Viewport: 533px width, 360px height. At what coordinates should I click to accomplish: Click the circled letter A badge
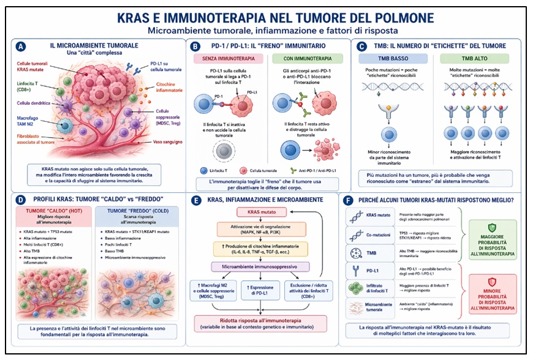pyautogui.click(x=21, y=47)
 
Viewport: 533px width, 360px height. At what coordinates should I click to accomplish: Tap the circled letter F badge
pyautogui.click(x=347, y=201)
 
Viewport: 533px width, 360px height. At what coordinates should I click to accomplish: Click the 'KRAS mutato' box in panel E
pyautogui.click(x=262, y=212)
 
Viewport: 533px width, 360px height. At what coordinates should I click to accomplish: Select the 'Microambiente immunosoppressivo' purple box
pyautogui.click(x=262, y=267)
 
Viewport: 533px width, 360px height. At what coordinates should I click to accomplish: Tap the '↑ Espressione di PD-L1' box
pyautogui.click(x=262, y=290)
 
